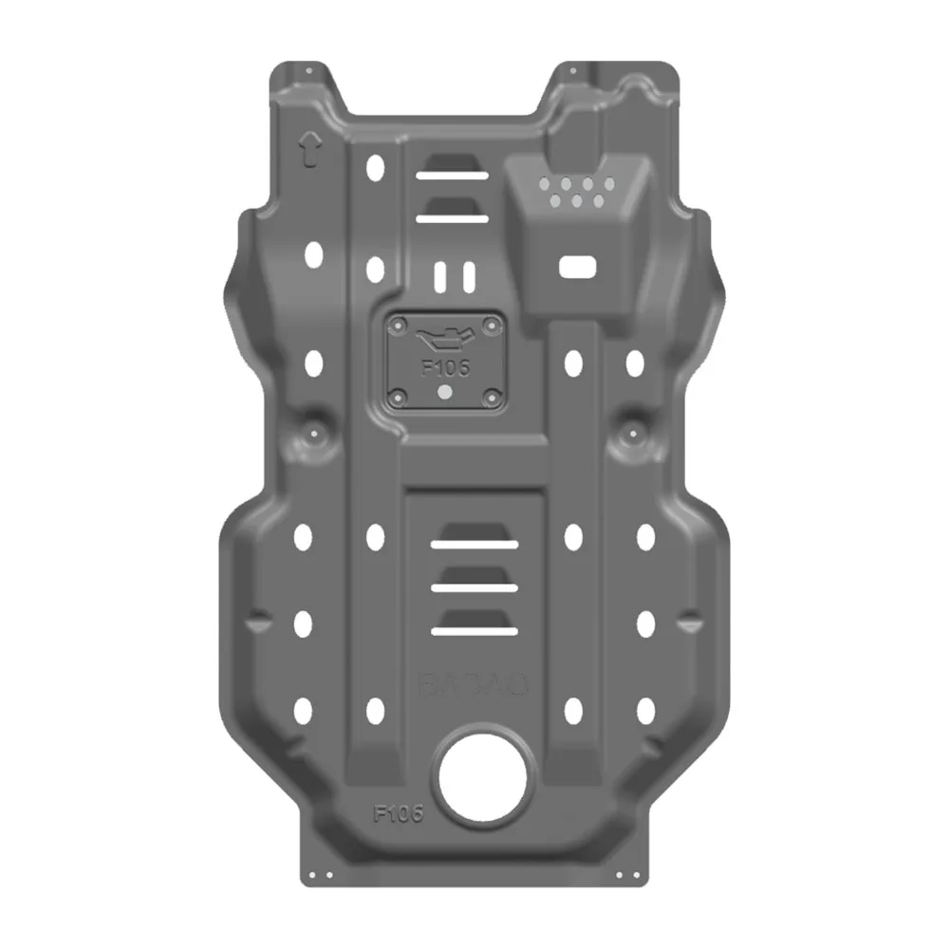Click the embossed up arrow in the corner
(308, 150)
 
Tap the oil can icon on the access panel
(442, 339)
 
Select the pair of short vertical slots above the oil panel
(454, 276)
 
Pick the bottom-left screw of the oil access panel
(400, 396)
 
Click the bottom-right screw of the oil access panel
(491, 396)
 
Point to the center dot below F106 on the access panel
(445, 391)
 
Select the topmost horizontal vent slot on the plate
(451, 176)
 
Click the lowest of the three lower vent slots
(474, 630)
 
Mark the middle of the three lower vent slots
(474, 588)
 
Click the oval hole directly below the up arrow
(313, 253)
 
